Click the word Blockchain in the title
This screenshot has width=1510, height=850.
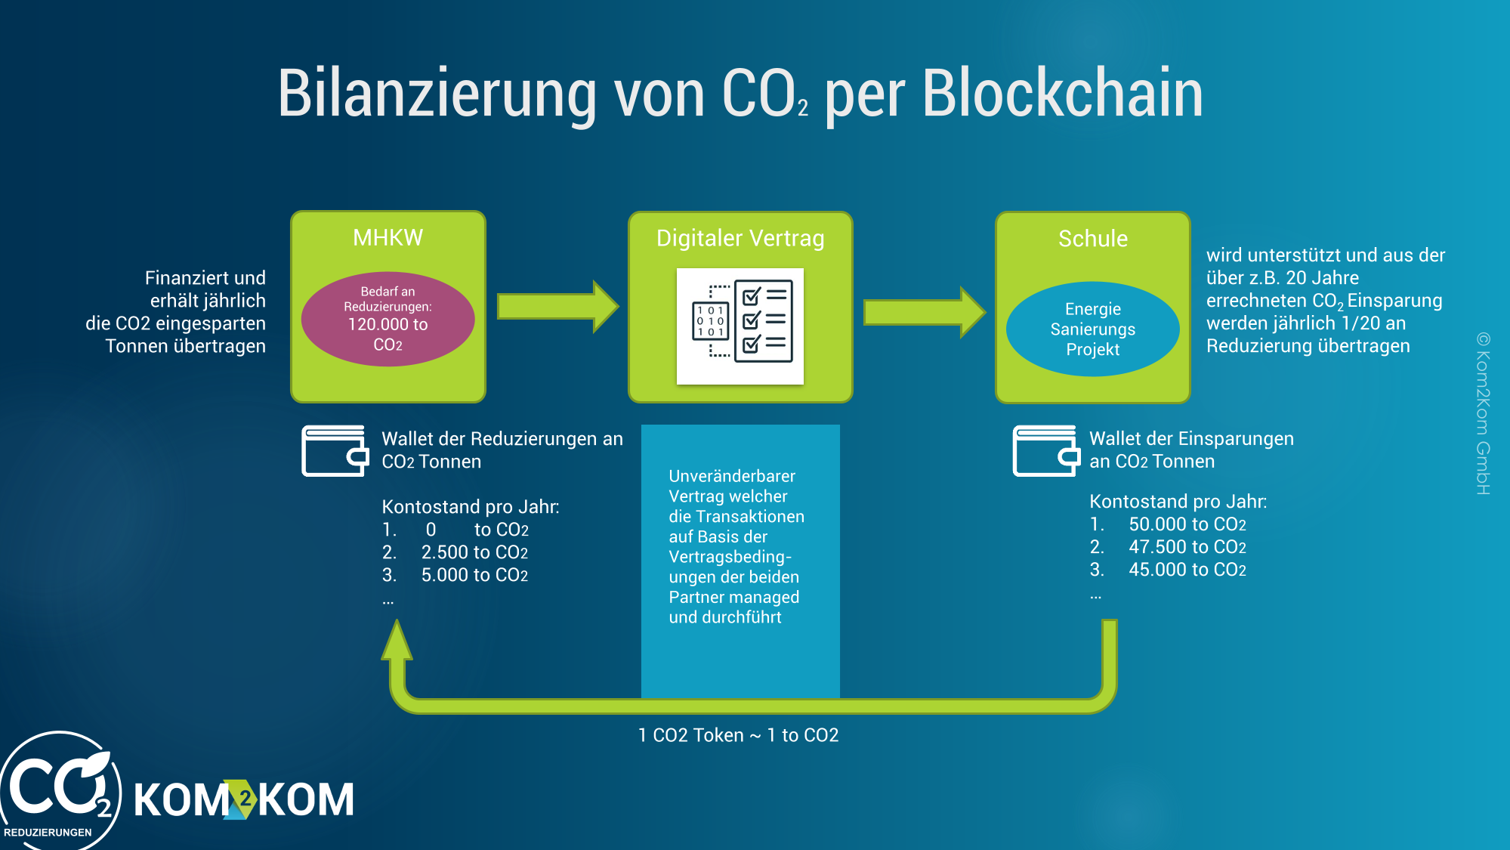click(x=1062, y=93)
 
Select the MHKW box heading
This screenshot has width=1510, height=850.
click(x=388, y=238)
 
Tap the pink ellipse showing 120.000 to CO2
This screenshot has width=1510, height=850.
click(x=388, y=319)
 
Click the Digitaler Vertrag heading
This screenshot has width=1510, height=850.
click(x=740, y=238)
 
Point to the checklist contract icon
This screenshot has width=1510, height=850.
click(x=740, y=326)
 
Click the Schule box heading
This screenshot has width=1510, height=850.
click(x=1092, y=239)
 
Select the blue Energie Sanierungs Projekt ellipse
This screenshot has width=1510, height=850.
click(x=1092, y=329)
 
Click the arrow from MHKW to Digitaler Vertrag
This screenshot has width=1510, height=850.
click(x=557, y=306)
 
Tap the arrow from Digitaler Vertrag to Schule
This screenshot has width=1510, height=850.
click(x=925, y=311)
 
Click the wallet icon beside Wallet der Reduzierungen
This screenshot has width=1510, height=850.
click(x=335, y=451)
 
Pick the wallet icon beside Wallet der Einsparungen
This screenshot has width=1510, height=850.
click(x=1046, y=451)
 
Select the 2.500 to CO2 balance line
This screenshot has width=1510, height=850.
click(x=455, y=552)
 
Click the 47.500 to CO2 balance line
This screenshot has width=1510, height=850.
click(x=1168, y=547)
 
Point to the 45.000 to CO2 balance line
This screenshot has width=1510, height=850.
click(x=1168, y=570)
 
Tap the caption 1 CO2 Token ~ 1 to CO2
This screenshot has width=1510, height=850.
click(x=738, y=735)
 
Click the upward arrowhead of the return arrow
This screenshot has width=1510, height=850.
click(x=397, y=640)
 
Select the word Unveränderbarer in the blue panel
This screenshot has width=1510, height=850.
click(x=732, y=476)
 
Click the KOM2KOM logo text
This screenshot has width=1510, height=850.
click(x=244, y=799)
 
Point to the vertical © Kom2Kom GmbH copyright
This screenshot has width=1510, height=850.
click(x=1483, y=413)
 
